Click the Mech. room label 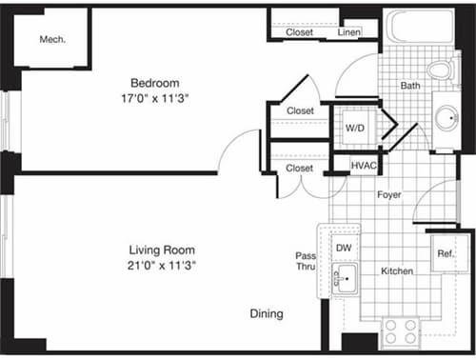[x=51, y=40]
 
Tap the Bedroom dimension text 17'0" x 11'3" [x=154, y=98]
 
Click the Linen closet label [x=349, y=32]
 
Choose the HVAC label [x=363, y=165]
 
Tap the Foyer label [x=388, y=195]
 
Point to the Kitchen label [x=397, y=271]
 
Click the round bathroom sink [x=446, y=118]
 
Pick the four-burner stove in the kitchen [x=401, y=331]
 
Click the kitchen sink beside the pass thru [x=344, y=279]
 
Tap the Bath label [x=410, y=86]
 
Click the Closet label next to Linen [x=300, y=32]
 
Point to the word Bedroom [x=154, y=83]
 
